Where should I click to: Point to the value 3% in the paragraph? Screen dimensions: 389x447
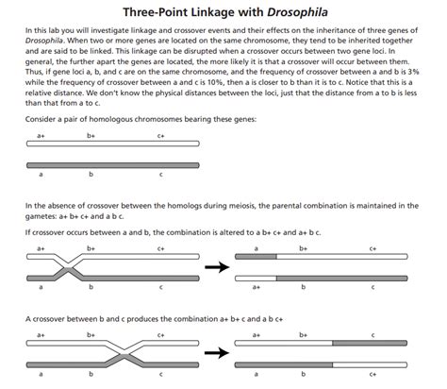416,80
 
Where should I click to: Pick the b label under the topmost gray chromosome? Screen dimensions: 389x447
90,175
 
